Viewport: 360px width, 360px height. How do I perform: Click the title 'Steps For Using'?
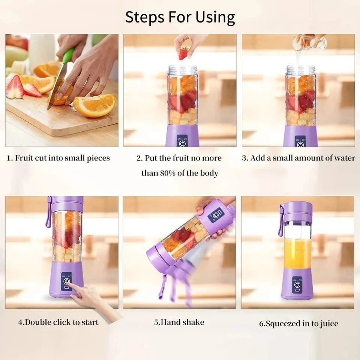pos(180,17)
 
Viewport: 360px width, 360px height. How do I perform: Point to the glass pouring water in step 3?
pos(308,42)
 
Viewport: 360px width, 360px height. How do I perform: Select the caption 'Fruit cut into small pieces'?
pos(62,158)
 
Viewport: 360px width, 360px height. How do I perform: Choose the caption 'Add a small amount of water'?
pos(302,158)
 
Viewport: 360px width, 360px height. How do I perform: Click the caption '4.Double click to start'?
pos(58,322)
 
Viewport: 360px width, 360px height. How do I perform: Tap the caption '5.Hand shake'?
pos(179,322)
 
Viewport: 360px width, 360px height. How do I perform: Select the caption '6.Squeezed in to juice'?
pos(298,323)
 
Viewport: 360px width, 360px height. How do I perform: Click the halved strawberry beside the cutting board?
pos(15,87)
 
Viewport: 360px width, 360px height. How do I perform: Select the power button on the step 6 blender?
pos(297,285)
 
